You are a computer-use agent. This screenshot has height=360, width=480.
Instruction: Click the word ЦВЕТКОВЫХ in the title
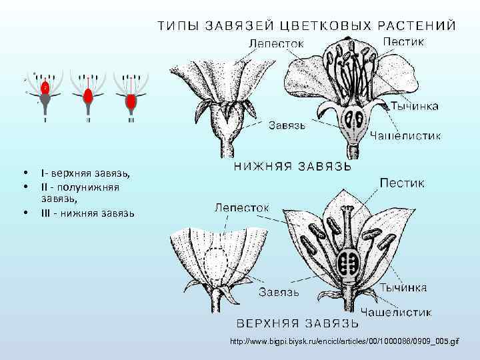(319, 25)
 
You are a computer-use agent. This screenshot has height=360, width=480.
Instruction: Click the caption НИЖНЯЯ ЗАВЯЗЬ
(293, 166)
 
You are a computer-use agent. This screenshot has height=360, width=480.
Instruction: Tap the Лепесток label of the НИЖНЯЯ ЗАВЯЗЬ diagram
(277, 43)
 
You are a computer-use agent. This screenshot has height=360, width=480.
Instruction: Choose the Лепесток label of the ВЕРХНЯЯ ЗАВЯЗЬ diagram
(242, 208)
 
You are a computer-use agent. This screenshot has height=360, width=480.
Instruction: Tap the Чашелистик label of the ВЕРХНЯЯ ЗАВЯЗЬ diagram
(396, 311)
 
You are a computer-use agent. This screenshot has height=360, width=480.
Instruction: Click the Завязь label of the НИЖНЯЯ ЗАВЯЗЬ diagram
(287, 125)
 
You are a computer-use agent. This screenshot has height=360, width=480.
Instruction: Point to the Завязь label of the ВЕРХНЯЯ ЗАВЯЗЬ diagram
(279, 291)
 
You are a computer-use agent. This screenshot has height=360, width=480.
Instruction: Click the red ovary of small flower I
(45, 87)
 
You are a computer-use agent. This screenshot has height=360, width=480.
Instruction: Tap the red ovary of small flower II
(88, 94)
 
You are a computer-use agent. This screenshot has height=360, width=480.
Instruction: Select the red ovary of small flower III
(131, 101)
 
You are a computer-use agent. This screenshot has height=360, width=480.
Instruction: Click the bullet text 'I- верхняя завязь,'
(85, 174)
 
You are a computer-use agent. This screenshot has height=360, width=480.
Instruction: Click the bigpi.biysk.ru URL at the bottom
(344, 341)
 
